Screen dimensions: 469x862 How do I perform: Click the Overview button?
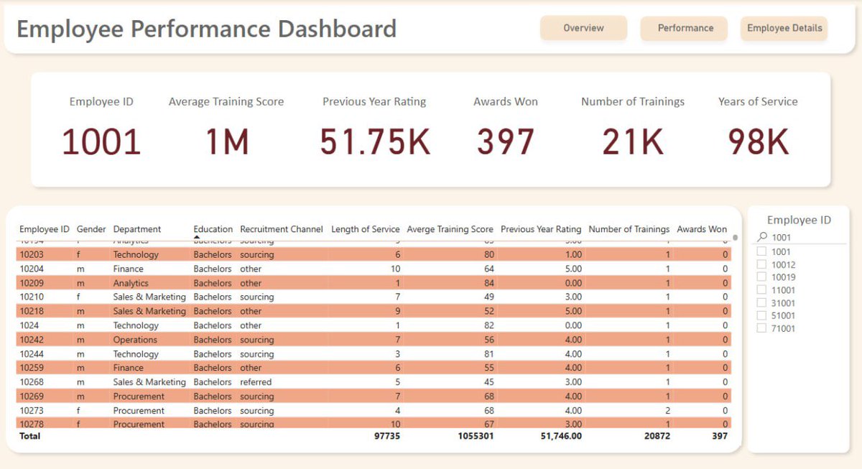coord(583,28)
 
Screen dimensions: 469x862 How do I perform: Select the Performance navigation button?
coord(685,28)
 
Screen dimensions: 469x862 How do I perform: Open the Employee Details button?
coord(784,28)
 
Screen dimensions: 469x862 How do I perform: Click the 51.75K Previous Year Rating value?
coord(374,141)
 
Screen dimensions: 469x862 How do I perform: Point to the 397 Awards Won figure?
coord(506,141)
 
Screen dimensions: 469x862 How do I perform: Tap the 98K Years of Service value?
coord(758,141)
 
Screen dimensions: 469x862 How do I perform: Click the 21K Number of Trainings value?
coord(633,141)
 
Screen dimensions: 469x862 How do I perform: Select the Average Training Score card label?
coord(226,102)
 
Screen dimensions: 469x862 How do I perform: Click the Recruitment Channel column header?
coord(282,229)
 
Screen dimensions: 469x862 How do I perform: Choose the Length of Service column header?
coord(365,229)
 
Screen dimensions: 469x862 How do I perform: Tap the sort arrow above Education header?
coord(197,237)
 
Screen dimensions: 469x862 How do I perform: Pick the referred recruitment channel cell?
coord(256,382)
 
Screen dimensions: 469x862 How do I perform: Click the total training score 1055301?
coord(471,436)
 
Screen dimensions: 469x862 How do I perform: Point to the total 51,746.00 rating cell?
coord(557,436)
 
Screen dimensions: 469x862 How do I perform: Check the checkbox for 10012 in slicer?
coord(761,265)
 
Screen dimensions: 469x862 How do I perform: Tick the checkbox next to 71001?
coord(761,328)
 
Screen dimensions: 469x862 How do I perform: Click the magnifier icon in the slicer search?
coord(762,237)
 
